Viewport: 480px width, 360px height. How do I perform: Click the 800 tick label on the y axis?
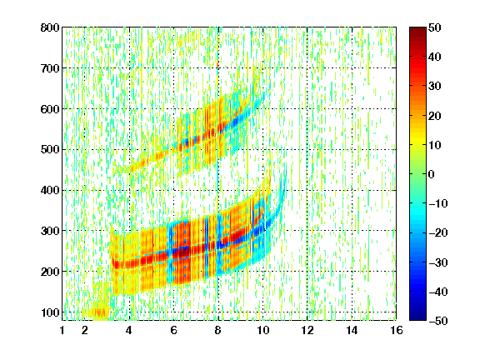click(x=50, y=27)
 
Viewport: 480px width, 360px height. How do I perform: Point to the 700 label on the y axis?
click(x=50, y=68)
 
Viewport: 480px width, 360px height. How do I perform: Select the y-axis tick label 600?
click(x=50, y=109)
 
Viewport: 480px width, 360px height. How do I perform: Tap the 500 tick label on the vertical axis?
click(x=50, y=150)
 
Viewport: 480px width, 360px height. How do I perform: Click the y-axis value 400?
click(x=50, y=190)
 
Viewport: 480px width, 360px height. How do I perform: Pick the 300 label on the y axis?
click(x=50, y=231)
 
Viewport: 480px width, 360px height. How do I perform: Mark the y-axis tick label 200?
click(x=50, y=272)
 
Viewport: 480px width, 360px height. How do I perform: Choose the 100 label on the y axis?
click(x=50, y=312)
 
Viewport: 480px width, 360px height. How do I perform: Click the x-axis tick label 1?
click(x=62, y=330)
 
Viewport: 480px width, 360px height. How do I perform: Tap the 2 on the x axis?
click(x=85, y=330)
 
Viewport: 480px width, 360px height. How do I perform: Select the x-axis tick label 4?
click(x=129, y=330)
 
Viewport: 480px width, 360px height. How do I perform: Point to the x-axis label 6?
click(x=173, y=330)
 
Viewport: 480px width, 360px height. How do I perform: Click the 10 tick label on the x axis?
click(x=262, y=330)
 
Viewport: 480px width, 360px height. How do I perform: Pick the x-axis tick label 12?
click(x=307, y=330)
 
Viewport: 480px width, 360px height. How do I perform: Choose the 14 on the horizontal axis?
click(x=352, y=330)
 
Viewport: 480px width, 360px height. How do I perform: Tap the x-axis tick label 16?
click(x=397, y=330)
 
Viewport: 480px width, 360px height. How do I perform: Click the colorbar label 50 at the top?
click(x=435, y=27)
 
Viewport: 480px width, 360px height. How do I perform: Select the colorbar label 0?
click(x=432, y=174)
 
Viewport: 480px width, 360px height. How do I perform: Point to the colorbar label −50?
click(x=438, y=321)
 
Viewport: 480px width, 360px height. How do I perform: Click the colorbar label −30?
click(x=438, y=262)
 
